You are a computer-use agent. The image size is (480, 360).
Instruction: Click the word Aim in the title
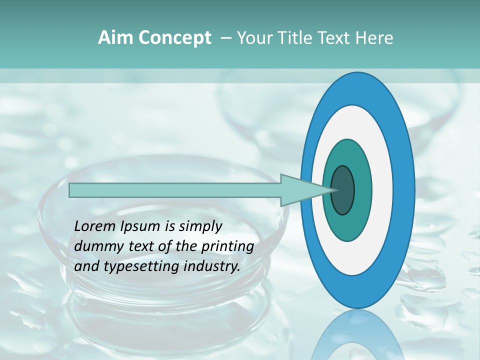coord(115,37)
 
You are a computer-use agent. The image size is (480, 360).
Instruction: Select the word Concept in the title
coord(174,37)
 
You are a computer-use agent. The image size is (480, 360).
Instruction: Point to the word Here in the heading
coord(374,37)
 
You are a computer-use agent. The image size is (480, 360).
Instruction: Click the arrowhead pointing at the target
coord(300,190)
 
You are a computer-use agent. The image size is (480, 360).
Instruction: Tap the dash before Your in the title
coord(225,38)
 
